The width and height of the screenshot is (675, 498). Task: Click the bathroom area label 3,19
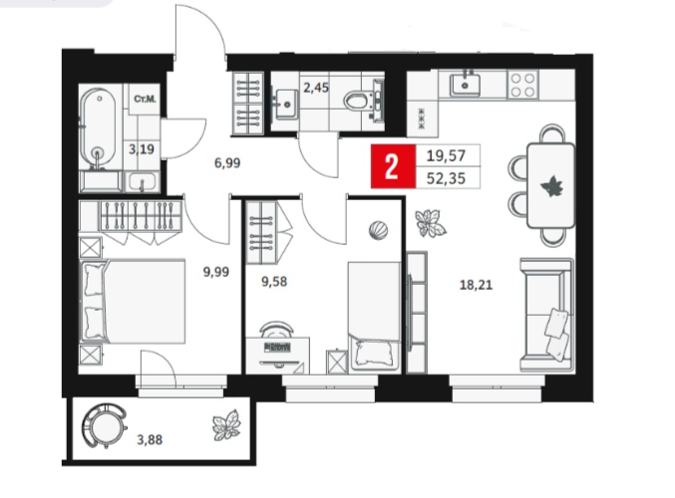pyautogui.click(x=142, y=149)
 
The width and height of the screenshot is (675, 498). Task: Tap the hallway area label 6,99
pyautogui.click(x=227, y=163)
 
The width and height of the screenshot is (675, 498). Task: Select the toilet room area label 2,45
pyautogui.click(x=316, y=88)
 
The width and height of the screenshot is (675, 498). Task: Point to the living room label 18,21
pyautogui.click(x=476, y=285)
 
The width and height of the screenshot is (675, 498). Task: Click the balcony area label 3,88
pyautogui.click(x=150, y=440)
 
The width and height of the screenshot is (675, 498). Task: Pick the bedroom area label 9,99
pyautogui.click(x=216, y=272)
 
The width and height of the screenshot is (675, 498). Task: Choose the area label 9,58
pyautogui.click(x=274, y=282)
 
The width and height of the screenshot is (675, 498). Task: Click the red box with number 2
pyautogui.click(x=393, y=166)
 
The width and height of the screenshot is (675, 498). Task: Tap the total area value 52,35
pyautogui.click(x=446, y=178)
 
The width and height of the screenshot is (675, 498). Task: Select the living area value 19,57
pyautogui.click(x=446, y=155)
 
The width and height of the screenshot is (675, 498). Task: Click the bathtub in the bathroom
pyautogui.click(x=98, y=127)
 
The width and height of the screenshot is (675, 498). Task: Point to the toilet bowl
pyautogui.click(x=358, y=102)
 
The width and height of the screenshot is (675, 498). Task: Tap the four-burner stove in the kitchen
pyautogui.click(x=522, y=85)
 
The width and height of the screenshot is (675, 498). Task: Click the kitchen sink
pyautogui.click(x=466, y=85)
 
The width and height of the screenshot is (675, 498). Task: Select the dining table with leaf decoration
pyautogui.click(x=551, y=185)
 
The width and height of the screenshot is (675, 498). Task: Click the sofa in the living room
pyautogui.click(x=547, y=315)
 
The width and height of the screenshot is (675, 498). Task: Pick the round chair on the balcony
pyautogui.click(x=104, y=425)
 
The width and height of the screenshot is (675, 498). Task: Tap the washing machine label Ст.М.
pyautogui.click(x=145, y=100)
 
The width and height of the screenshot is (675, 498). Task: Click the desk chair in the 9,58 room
pyautogui.click(x=276, y=328)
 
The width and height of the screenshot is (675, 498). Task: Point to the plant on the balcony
pyautogui.click(x=226, y=425)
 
